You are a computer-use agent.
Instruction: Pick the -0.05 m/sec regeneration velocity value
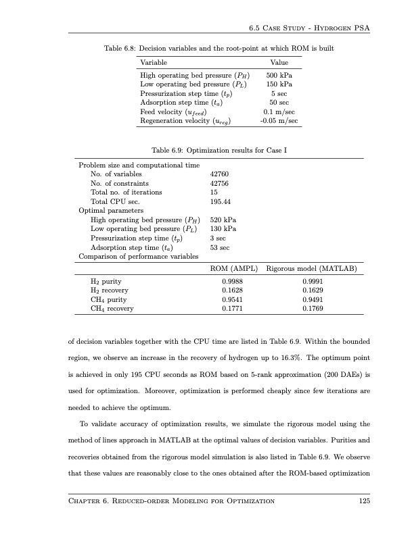coord(279,120)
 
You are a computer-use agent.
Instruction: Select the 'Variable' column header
coord(154,62)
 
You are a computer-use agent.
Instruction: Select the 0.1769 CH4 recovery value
coord(312,309)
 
